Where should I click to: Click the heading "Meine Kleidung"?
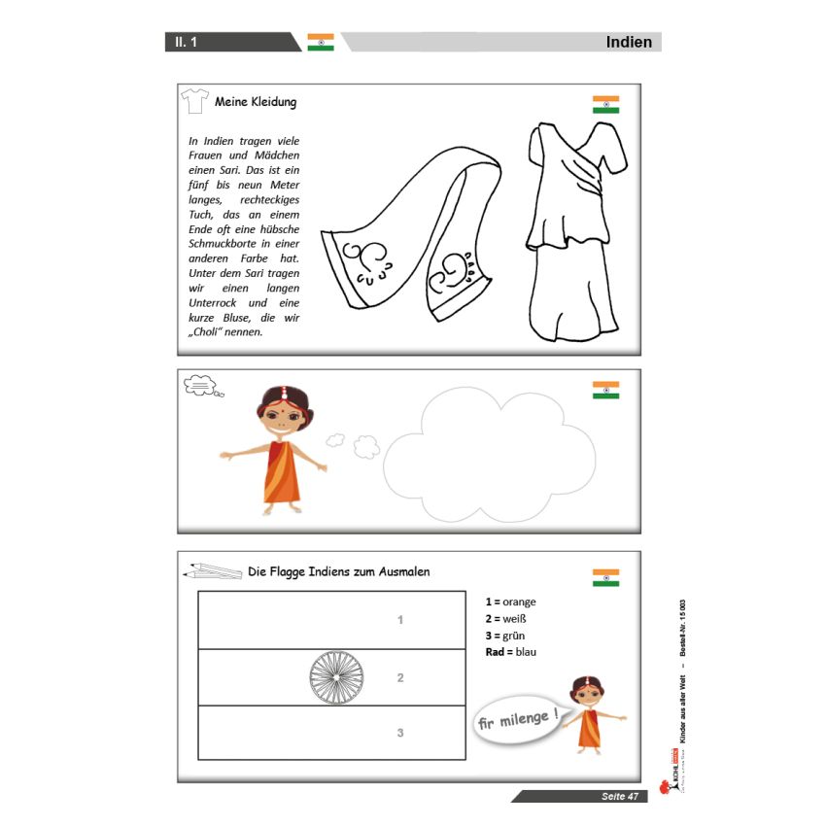[256, 102]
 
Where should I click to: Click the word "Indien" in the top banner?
[629, 42]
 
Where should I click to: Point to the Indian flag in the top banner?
[321, 42]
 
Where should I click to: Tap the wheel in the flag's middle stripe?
[336, 677]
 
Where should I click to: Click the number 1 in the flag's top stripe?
[400, 620]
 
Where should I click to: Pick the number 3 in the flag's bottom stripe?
[400, 733]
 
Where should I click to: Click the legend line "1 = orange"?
[510, 602]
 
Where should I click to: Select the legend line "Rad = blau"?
[510, 652]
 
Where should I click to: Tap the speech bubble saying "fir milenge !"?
[518, 721]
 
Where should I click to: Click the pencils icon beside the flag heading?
[212, 571]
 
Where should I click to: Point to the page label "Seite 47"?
[620, 797]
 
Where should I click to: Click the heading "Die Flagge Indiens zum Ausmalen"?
[339, 571]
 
